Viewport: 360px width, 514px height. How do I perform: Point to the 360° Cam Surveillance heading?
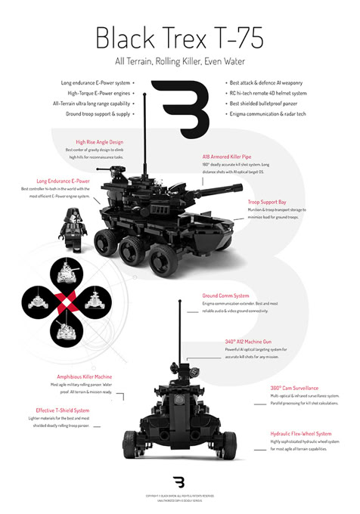[x=294, y=387]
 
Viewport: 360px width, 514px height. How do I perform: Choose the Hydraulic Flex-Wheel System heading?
[x=301, y=434]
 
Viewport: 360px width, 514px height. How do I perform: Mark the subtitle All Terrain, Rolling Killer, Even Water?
[x=179, y=60]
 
